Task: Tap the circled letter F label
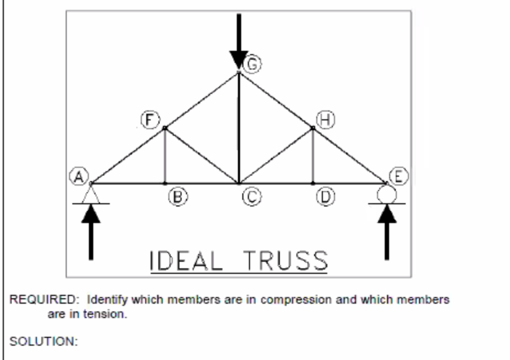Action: point(147,120)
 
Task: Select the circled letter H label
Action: point(327,120)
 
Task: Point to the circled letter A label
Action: point(78,177)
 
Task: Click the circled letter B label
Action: point(176,196)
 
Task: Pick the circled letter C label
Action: point(249,197)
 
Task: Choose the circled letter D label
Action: point(324,196)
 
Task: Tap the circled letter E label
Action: point(396,177)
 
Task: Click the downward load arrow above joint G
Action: point(238,41)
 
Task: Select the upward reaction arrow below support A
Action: point(91,232)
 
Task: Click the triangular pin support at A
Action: point(91,194)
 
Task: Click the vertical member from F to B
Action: point(164,156)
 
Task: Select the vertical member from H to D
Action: point(313,156)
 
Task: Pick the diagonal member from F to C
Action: point(201,156)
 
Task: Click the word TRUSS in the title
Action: point(284,261)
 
